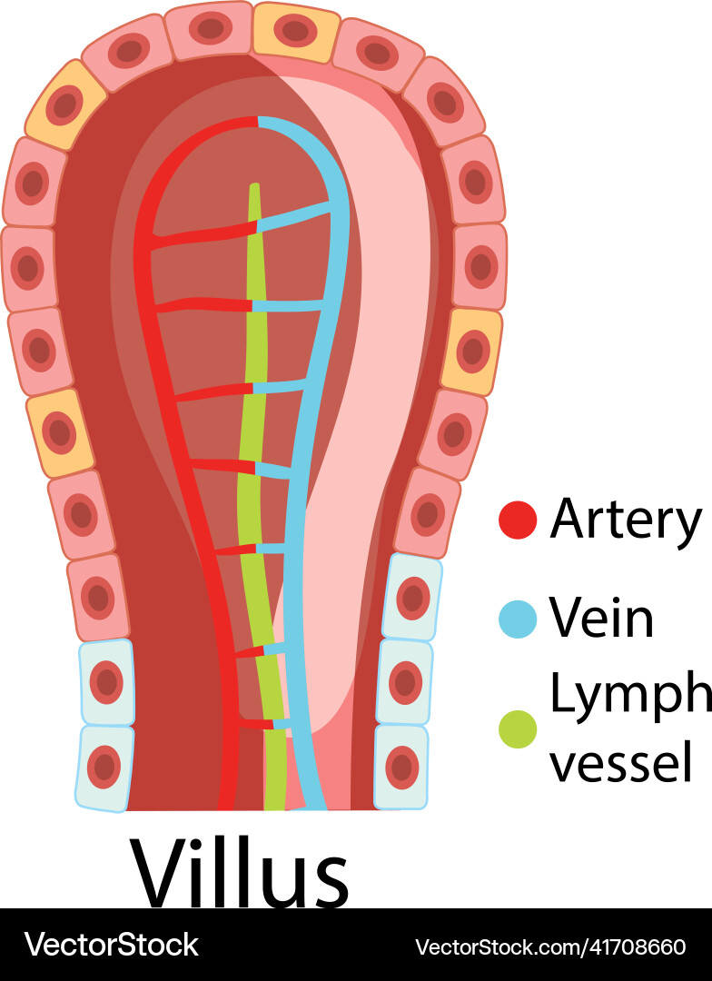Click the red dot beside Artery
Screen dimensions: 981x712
pos(518,520)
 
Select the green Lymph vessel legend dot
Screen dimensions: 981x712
pos(518,728)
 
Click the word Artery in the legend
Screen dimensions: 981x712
pos(626,519)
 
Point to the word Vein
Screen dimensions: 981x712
pos(601,619)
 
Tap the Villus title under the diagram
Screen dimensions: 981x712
pos(240,872)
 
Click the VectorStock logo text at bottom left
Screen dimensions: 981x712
pos(111,945)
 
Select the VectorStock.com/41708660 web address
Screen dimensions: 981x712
pos(550,946)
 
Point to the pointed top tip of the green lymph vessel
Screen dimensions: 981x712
pos(254,187)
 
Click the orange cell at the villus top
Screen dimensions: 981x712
pos(295,32)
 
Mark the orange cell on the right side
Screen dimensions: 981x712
pos(471,352)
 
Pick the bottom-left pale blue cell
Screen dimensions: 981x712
pos(104,768)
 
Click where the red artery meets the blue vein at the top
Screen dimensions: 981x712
pos(259,122)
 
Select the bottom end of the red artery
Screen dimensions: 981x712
pos(226,803)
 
